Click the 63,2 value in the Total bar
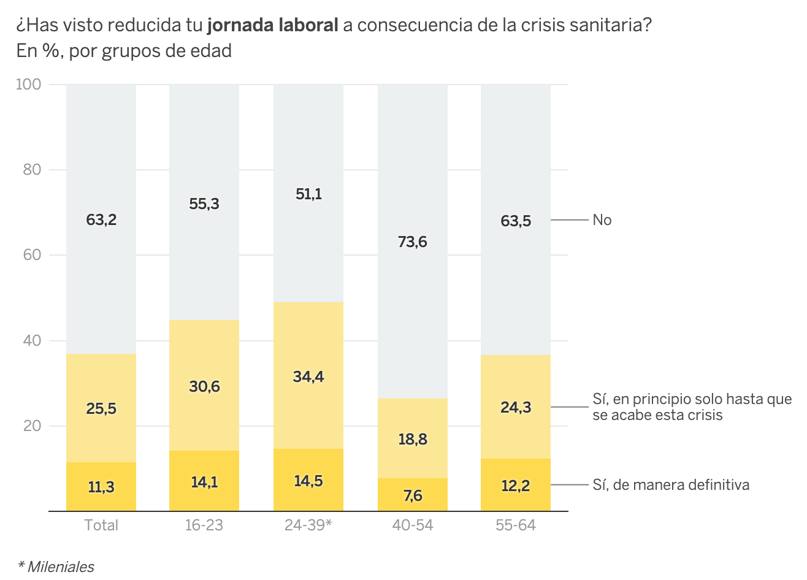pos(101,219)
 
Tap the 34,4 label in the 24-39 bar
pos(308,376)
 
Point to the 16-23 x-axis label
pos(204,525)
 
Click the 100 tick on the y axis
pos(28,85)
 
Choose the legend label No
pos(602,220)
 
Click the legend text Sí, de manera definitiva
pos(671,485)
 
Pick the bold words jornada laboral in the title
pos(273,25)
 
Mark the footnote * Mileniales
pos(56,567)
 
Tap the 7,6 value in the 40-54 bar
pos(413,495)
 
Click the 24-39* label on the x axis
pos(308,525)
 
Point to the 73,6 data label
pos(413,242)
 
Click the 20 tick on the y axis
pos(32,426)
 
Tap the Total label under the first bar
pos(101,525)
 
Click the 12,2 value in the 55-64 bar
pos(516,486)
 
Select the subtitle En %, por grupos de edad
pos(124,51)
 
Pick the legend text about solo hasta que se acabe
pos(692,407)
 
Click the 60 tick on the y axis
pos(32,255)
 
